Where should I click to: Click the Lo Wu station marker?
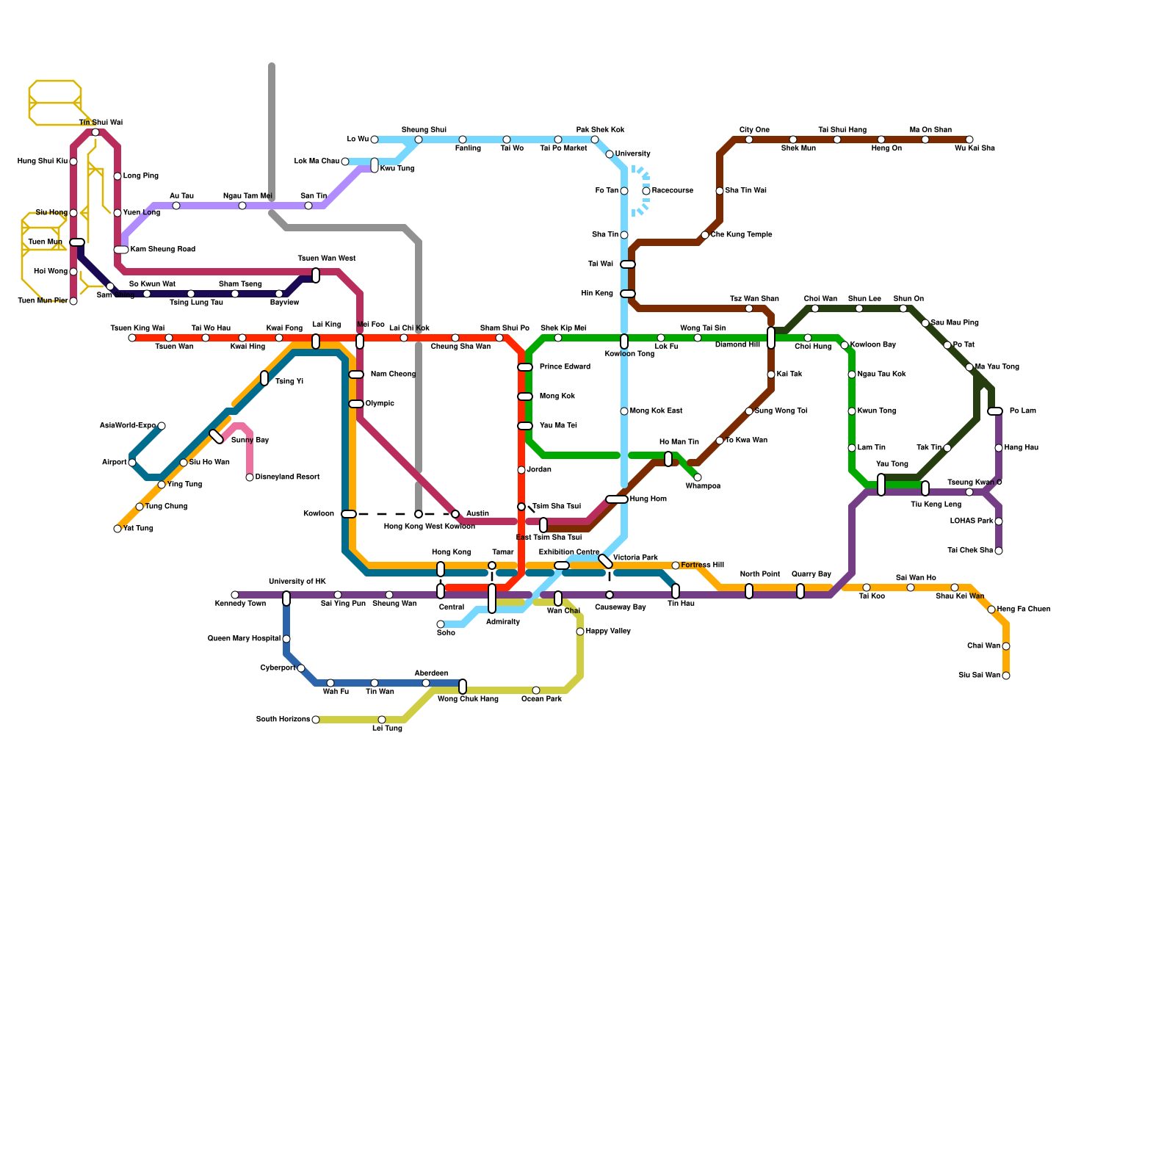[x=375, y=140]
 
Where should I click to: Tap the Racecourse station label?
[x=672, y=191]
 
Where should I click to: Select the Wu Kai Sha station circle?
[x=969, y=140]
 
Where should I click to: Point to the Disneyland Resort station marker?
[x=250, y=477]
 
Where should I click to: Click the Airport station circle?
[x=132, y=463]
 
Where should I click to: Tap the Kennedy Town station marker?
[x=235, y=595]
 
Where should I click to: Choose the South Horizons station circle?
[x=316, y=720]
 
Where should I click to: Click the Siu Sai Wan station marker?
[x=1006, y=676]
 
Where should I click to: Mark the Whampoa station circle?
[x=698, y=477]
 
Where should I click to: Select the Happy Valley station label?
[x=608, y=632]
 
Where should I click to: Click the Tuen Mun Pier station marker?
[x=73, y=301]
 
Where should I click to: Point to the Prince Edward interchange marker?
[x=525, y=367]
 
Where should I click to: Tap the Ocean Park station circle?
[x=536, y=690]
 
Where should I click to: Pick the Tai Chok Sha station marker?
[x=999, y=551]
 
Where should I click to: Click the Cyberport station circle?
[x=301, y=668]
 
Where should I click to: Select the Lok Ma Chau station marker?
[x=345, y=162]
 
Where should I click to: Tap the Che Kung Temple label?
[x=741, y=235]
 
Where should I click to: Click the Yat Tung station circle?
[x=117, y=529]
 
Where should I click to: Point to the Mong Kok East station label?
[x=656, y=411]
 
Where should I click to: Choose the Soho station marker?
[x=441, y=624]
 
